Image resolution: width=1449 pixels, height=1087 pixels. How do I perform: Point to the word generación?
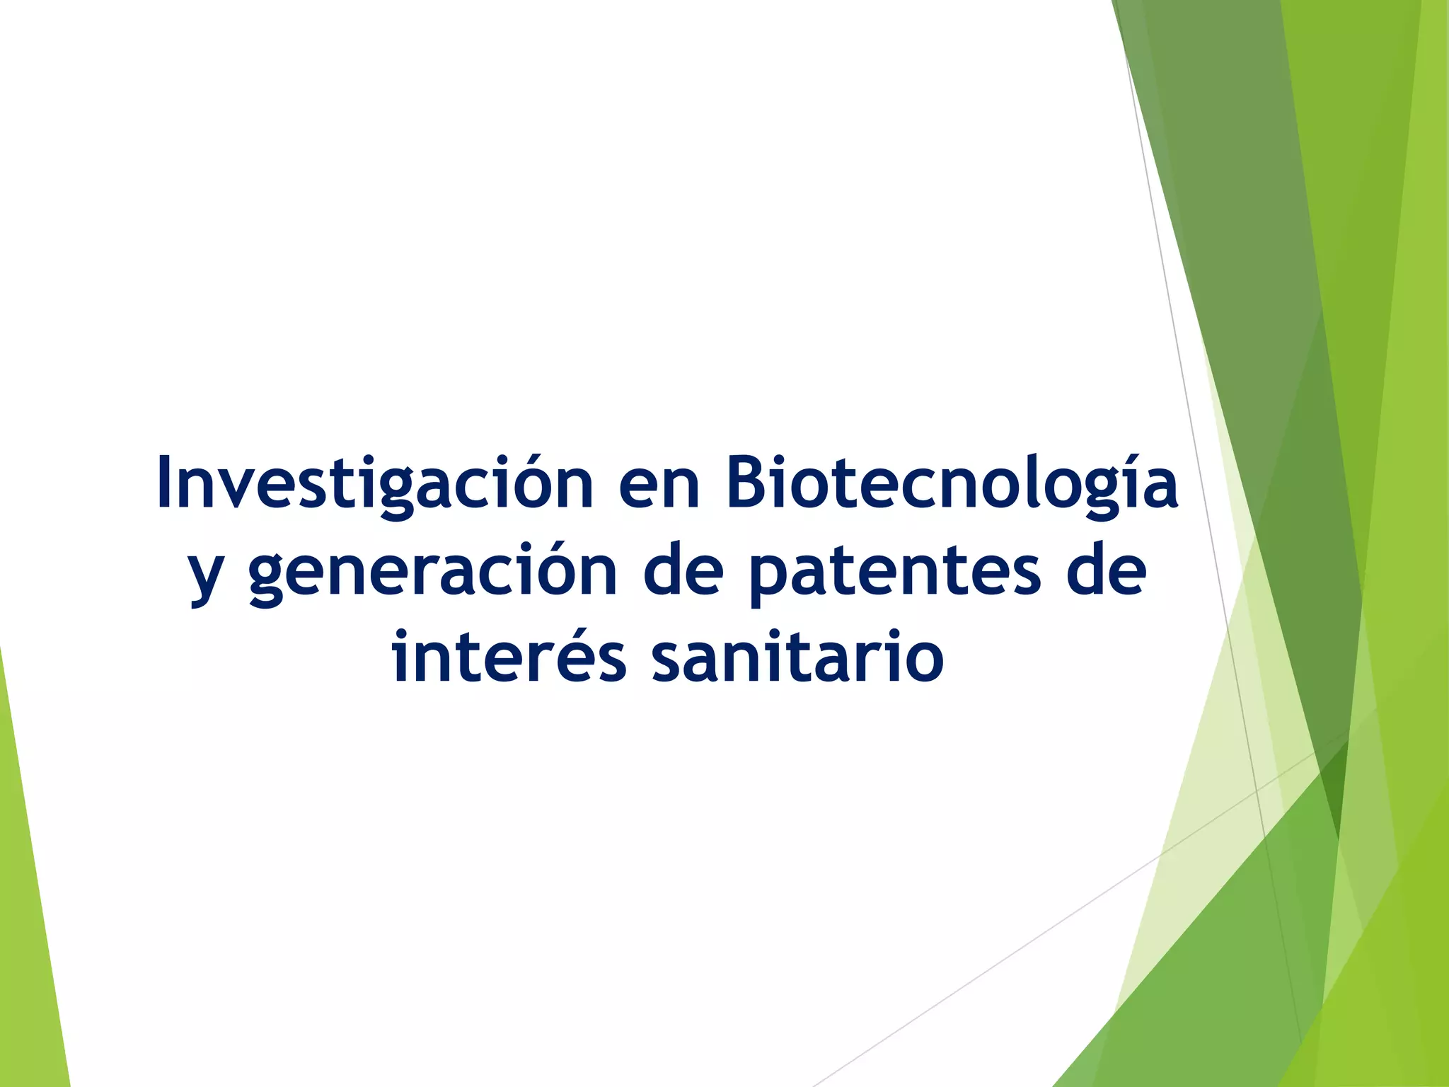433,573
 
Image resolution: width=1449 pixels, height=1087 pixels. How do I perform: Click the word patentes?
894,573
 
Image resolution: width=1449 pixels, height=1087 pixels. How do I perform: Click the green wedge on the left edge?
28,920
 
